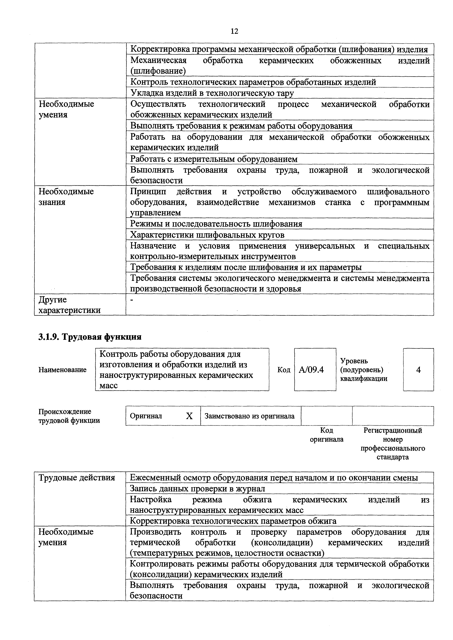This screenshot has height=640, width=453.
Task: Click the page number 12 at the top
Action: tap(234, 31)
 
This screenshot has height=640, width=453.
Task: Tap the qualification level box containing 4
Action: tap(418, 370)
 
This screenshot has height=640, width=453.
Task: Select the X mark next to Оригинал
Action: tap(189, 416)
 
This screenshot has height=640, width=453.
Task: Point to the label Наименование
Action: tap(62, 370)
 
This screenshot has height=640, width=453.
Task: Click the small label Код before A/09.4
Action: tap(284, 370)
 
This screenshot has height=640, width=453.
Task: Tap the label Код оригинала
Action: tap(327, 435)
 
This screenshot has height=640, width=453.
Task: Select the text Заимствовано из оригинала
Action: tap(249, 416)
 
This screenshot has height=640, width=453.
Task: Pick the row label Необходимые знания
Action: tap(66, 197)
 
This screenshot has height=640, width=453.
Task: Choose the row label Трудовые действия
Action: tap(77, 478)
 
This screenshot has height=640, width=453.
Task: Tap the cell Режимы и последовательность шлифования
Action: tap(216, 224)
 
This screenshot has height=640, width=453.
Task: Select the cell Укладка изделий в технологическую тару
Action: tap(212, 93)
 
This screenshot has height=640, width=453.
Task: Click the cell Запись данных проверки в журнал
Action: tap(198, 489)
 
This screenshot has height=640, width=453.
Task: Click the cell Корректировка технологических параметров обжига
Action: tap(233, 521)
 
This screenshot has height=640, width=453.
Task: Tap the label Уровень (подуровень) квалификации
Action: tap(364, 370)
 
